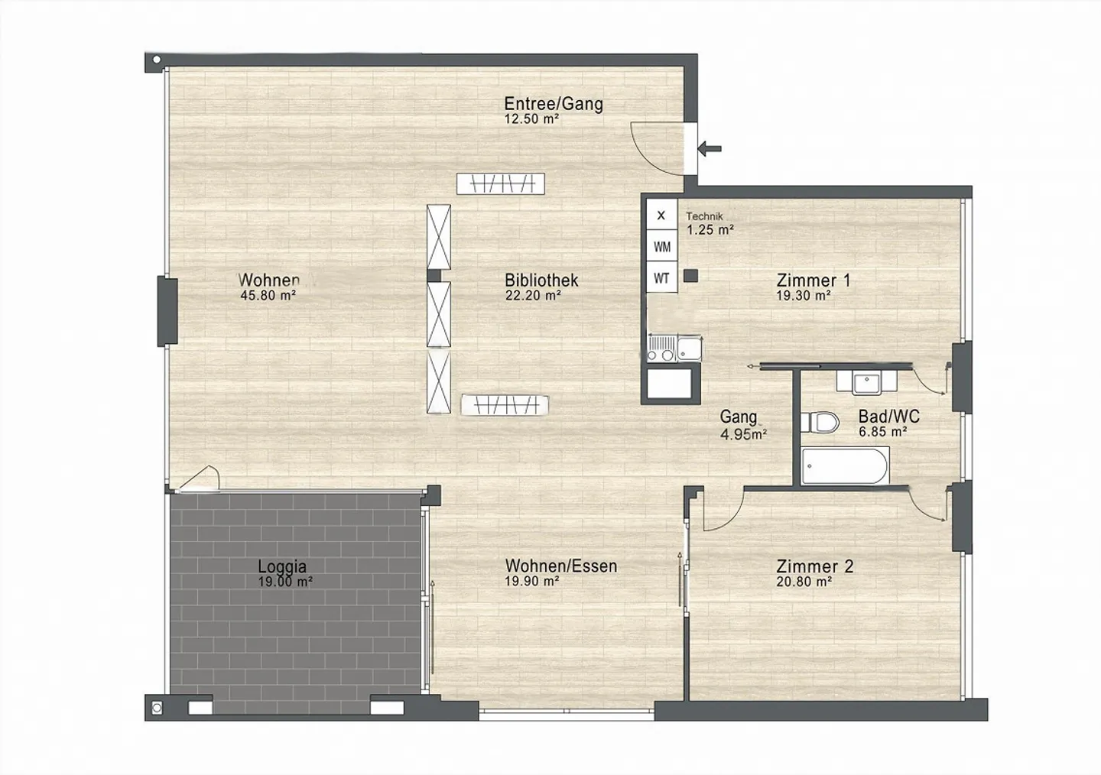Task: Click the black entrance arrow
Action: tap(710, 148)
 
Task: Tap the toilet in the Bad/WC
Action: tap(819, 422)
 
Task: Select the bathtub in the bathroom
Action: tap(845, 465)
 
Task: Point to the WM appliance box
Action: tap(661, 247)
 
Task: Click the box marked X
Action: tap(661, 216)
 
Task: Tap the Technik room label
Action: tap(704, 216)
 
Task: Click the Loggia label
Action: tap(282, 566)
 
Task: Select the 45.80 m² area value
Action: tap(268, 295)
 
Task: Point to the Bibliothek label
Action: tap(541, 280)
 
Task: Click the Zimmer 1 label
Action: tap(814, 280)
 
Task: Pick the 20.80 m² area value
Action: tap(804, 582)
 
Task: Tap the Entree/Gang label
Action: tap(554, 104)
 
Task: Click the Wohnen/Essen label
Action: tap(561, 566)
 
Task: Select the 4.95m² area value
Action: tap(744, 434)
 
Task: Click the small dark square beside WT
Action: tap(690, 276)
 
